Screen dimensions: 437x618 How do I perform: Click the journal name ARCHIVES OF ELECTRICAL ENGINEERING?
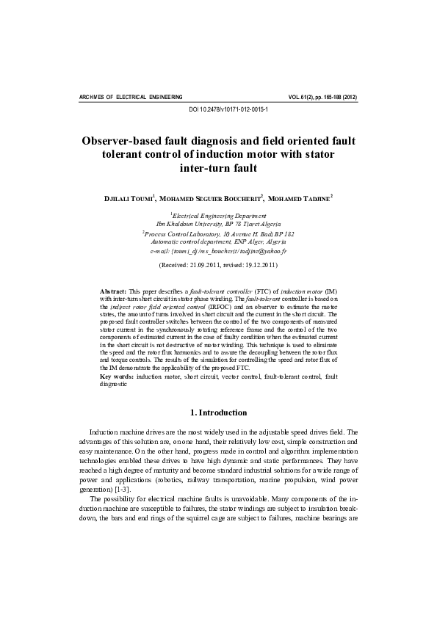click(x=130, y=97)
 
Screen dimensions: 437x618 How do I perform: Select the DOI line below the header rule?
click(x=218, y=109)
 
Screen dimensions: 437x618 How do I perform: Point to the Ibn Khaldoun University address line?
click(x=218, y=224)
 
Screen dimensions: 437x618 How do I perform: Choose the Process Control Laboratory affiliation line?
click(x=218, y=233)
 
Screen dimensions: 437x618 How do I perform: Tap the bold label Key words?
click(x=117, y=376)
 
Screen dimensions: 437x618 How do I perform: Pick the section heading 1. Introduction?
click(x=218, y=412)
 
